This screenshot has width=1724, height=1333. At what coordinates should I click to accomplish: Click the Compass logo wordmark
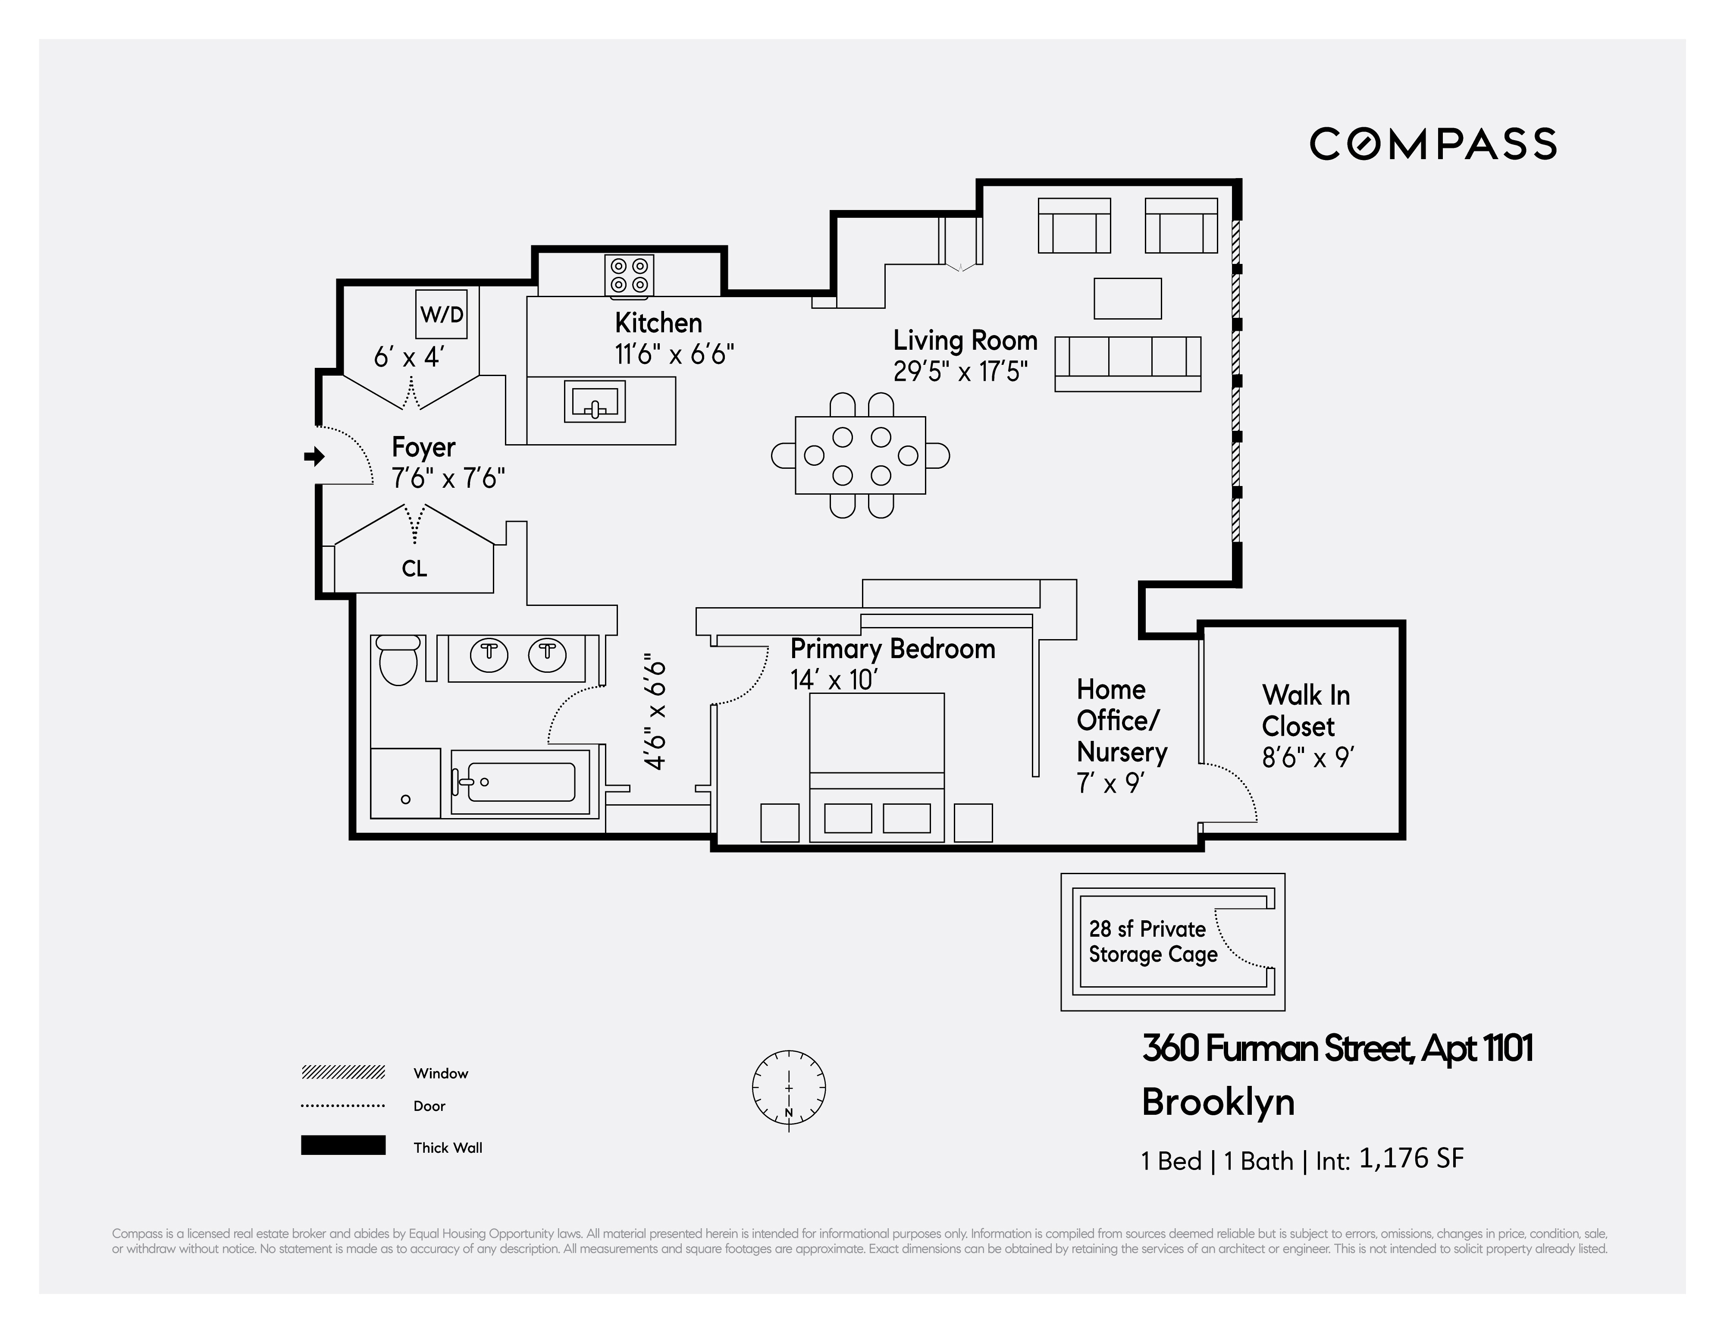(1433, 144)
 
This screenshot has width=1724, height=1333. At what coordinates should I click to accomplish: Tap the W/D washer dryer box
(441, 314)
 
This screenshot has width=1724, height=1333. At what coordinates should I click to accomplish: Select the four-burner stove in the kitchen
(629, 276)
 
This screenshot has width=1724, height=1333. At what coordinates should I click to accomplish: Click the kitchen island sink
(594, 402)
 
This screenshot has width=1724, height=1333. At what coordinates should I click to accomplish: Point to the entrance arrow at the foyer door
(314, 456)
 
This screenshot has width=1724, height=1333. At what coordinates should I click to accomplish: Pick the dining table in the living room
(860, 455)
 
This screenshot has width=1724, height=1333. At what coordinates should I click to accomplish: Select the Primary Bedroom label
(892, 649)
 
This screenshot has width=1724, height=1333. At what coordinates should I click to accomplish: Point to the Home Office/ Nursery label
(1120, 721)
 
